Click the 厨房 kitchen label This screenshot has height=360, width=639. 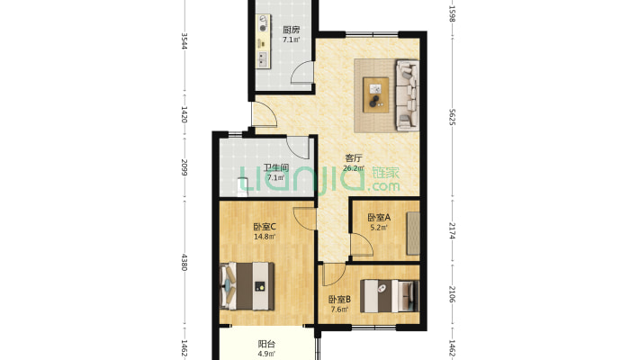pyautogui.click(x=291, y=30)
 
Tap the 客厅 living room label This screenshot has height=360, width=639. pyautogui.click(x=354, y=157)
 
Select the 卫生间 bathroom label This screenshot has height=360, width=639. pyautogui.click(x=276, y=167)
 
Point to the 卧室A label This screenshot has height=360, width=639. pyautogui.click(x=379, y=218)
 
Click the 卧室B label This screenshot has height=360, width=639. pyautogui.click(x=339, y=300)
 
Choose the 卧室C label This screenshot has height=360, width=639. pyautogui.click(x=265, y=227)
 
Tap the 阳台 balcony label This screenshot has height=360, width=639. pyautogui.click(x=266, y=345)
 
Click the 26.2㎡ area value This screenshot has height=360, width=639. pyautogui.click(x=354, y=168)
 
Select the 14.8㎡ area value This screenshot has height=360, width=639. pyautogui.click(x=265, y=237)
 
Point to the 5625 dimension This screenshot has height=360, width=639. pyautogui.click(x=452, y=117)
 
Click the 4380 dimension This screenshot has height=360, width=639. pyautogui.click(x=184, y=263)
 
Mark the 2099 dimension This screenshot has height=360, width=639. pyautogui.click(x=184, y=167)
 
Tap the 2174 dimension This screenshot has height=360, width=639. pyautogui.click(x=452, y=230)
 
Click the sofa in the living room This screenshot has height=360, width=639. pyautogui.click(x=407, y=95)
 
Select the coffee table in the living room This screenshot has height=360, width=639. pyautogui.click(x=375, y=94)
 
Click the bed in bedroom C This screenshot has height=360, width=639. pyautogui.click(x=247, y=286)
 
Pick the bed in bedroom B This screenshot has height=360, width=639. pyautogui.click(x=390, y=296)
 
